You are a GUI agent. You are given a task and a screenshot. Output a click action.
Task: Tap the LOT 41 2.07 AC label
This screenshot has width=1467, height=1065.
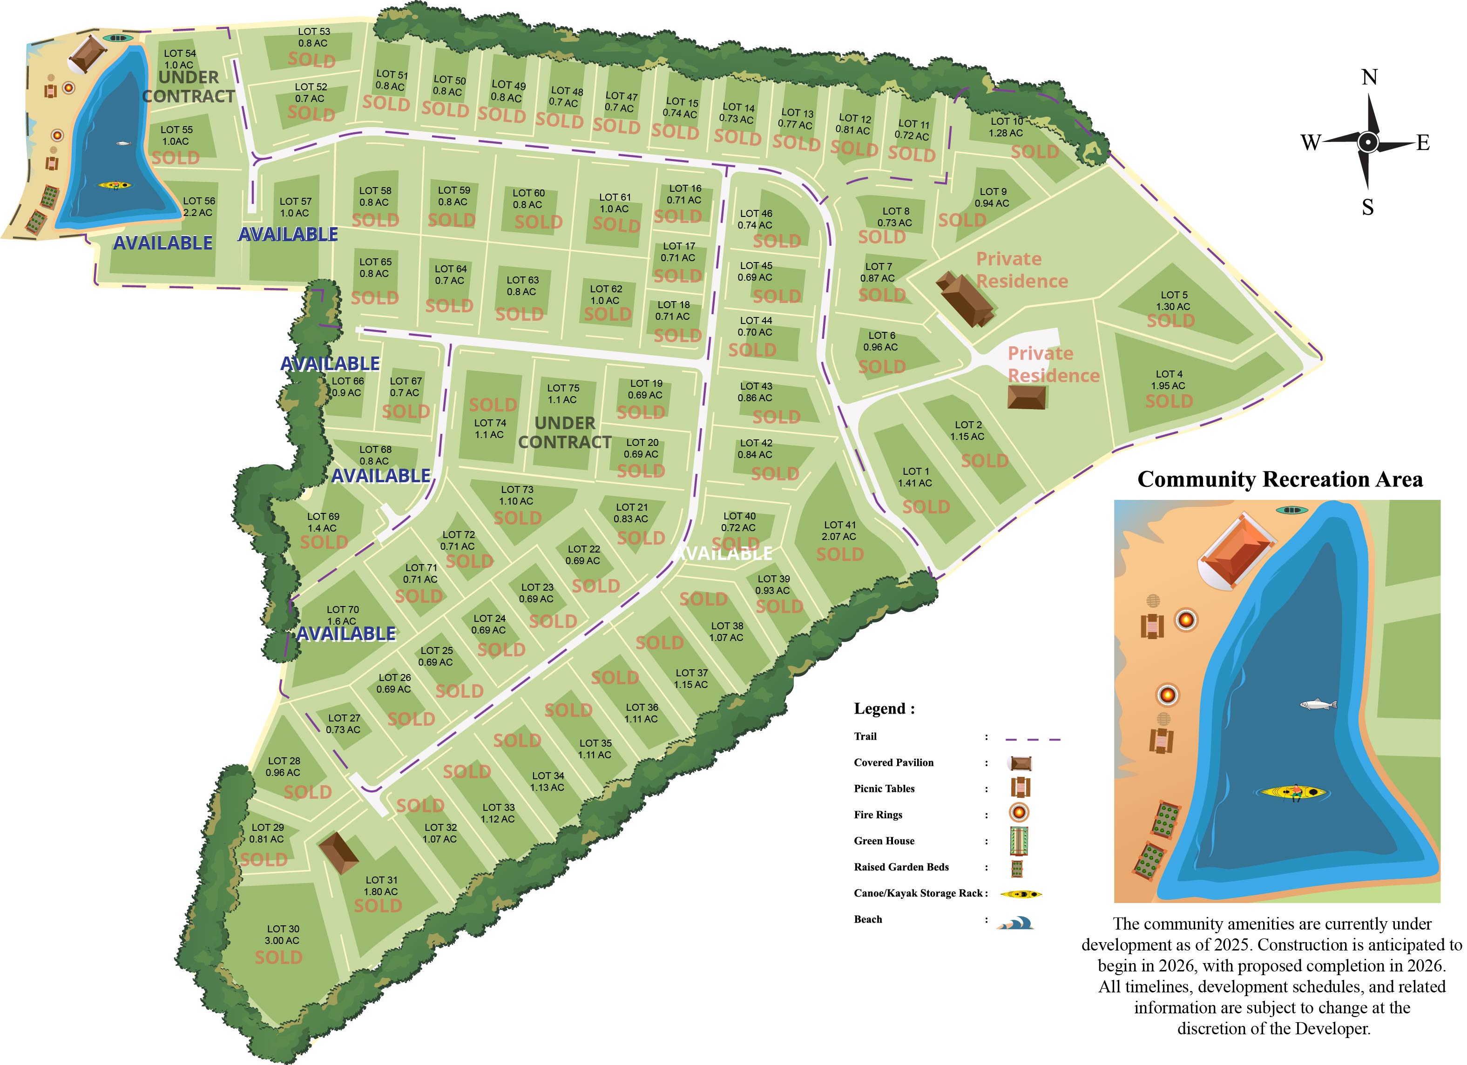click(839, 531)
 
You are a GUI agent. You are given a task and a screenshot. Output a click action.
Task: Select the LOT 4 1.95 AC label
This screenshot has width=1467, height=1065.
click(1168, 379)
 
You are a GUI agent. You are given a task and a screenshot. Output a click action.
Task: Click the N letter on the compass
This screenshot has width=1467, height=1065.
click(1369, 78)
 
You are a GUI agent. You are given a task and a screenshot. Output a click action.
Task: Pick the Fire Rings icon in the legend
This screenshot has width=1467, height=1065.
click(1019, 813)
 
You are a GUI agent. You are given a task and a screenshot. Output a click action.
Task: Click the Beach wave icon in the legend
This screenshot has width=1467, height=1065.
click(1016, 923)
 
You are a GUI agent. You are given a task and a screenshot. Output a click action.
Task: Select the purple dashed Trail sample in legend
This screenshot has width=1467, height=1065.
click(1033, 738)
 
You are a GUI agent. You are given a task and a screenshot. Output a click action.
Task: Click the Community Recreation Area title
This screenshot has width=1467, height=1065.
click(1279, 479)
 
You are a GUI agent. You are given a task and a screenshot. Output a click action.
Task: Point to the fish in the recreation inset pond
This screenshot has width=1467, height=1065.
click(1318, 704)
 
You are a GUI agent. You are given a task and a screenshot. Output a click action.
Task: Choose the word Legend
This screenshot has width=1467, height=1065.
click(884, 709)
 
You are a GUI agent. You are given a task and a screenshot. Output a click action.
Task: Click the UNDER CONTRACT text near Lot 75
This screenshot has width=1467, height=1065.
click(565, 432)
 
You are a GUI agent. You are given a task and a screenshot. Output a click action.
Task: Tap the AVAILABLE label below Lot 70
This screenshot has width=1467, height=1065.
click(346, 634)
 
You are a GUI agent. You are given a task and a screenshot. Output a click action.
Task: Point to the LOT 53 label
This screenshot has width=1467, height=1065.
click(314, 37)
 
